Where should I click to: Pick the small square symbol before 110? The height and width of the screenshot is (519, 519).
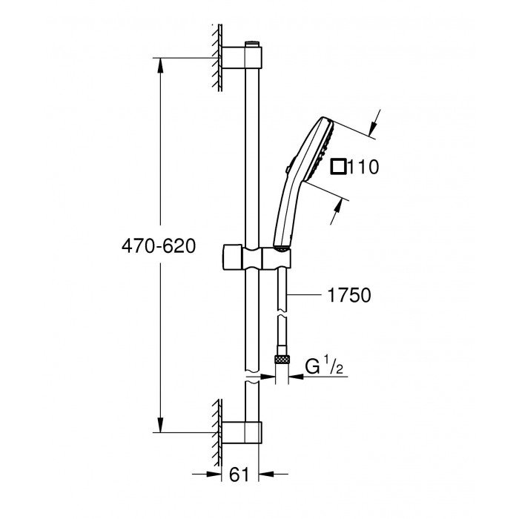coord(339,168)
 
